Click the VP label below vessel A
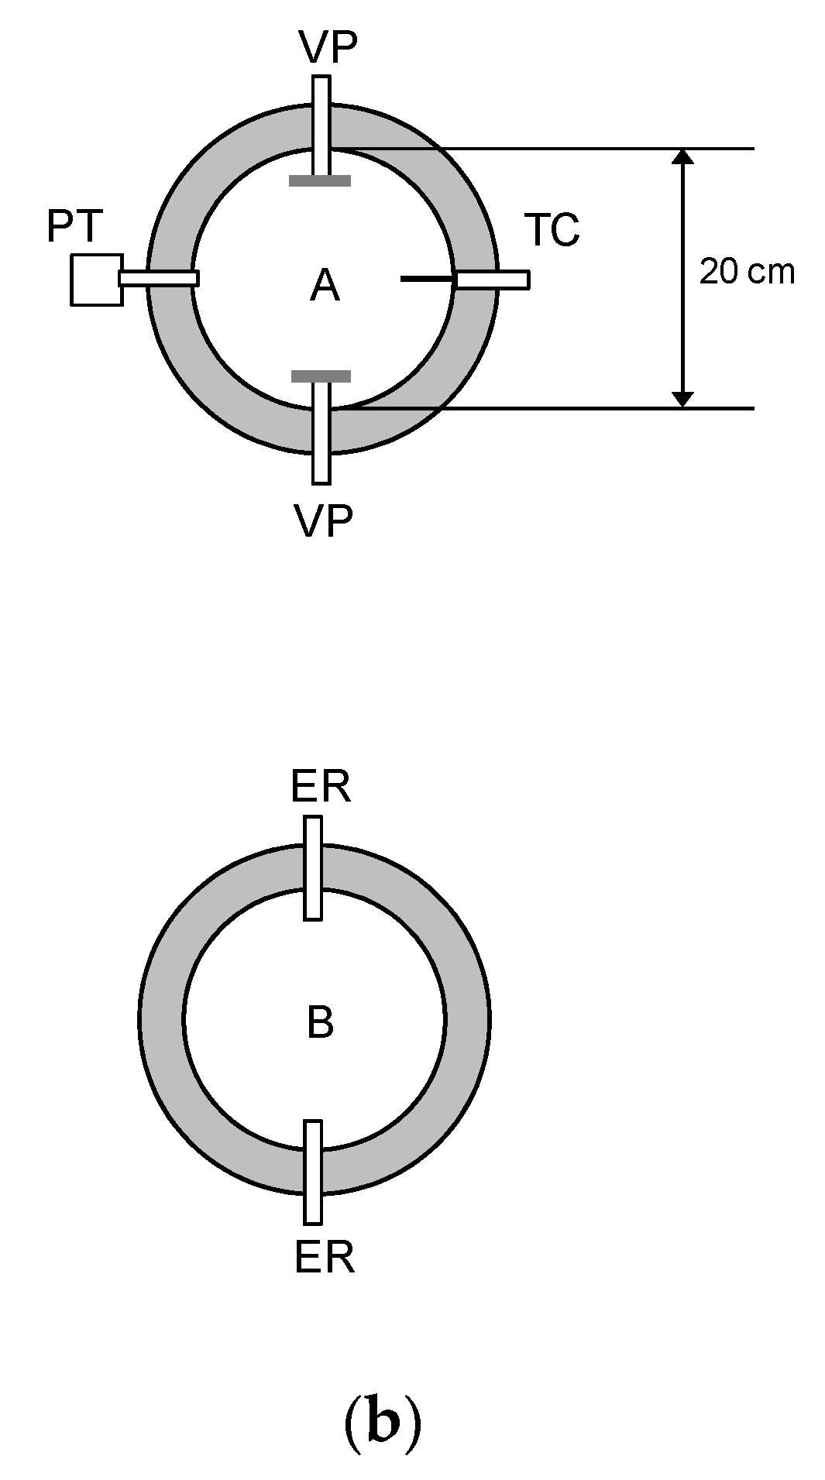click(x=324, y=520)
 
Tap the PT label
click(x=75, y=227)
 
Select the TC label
click(x=552, y=230)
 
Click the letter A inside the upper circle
click(x=325, y=287)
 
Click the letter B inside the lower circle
click(x=320, y=1022)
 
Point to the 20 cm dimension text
click(x=747, y=272)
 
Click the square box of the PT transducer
click(x=96, y=280)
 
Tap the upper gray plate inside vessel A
click(x=320, y=181)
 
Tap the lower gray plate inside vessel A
click(x=321, y=376)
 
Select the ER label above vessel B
click(x=321, y=788)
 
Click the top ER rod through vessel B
click(x=313, y=867)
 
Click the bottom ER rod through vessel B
click(x=313, y=1171)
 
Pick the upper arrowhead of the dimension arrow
click(x=682, y=156)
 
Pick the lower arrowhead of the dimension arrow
click(x=682, y=399)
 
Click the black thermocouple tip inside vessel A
click(x=426, y=278)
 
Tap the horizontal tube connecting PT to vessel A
click(x=159, y=278)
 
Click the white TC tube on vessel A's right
click(x=493, y=280)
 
